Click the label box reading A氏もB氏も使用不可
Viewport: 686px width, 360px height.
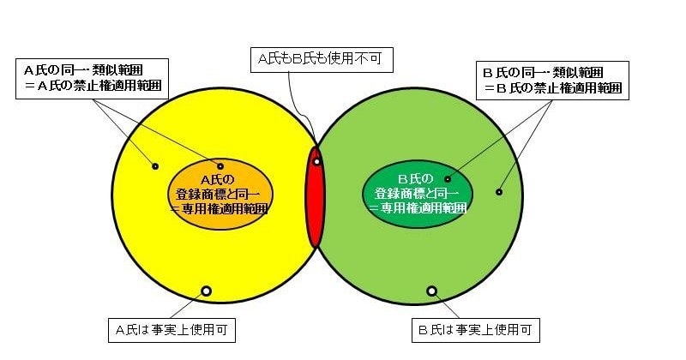click(x=322, y=59)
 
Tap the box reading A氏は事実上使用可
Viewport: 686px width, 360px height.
click(x=171, y=330)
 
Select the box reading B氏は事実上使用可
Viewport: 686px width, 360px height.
click(x=476, y=330)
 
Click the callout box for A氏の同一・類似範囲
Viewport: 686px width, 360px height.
click(x=92, y=79)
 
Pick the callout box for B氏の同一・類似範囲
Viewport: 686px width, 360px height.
click(x=552, y=81)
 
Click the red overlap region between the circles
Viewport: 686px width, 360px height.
click(x=315, y=197)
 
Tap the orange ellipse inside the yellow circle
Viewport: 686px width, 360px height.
click(x=220, y=194)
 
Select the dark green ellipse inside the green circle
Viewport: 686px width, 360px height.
click(x=418, y=194)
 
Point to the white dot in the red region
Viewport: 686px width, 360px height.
click(x=316, y=161)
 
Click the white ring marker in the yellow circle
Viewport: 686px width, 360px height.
click(x=206, y=291)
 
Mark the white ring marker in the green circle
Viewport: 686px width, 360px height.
click(x=432, y=291)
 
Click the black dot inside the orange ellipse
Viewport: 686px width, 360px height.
click(x=220, y=166)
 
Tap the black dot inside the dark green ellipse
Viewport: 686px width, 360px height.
click(x=447, y=179)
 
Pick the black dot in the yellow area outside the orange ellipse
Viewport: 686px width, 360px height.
click(x=155, y=166)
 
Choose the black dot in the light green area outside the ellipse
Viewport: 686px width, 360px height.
click(x=499, y=192)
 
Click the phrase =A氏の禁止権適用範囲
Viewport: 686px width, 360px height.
click(x=93, y=86)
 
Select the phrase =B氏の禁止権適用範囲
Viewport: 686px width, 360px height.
click(x=552, y=87)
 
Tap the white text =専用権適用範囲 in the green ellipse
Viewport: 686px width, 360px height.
click(x=418, y=207)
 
